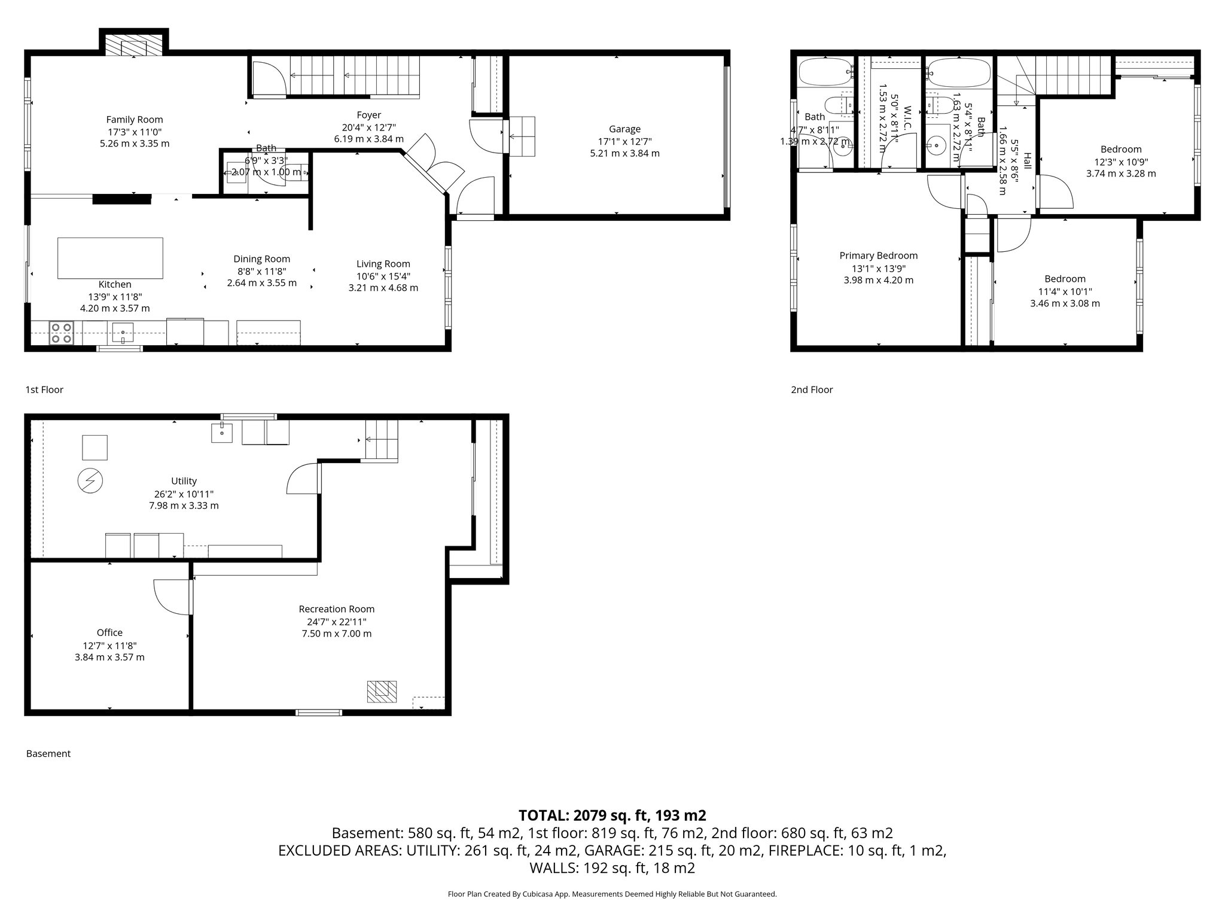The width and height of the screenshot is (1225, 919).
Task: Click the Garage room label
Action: point(624,129)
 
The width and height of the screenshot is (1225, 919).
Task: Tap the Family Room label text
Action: point(135,120)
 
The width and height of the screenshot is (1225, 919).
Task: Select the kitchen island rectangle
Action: point(110,258)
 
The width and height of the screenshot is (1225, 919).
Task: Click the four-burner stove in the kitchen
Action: point(61,333)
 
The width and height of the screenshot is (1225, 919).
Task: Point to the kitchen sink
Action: point(123,331)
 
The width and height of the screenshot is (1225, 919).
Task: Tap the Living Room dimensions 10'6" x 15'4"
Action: point(383,276)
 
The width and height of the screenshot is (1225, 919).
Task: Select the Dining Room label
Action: point(261,258)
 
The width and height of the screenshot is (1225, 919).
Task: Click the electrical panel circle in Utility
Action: point(90,480)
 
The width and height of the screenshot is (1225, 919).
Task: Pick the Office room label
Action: point(109,632)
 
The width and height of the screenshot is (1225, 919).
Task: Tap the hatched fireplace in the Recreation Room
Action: point(382,691)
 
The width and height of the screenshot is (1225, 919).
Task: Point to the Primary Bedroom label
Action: point(878,255)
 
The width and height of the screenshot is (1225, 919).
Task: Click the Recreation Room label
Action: point(336,608)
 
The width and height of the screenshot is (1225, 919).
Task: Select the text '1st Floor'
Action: point(44,389)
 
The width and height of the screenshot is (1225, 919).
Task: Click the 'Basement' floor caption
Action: point(48,753)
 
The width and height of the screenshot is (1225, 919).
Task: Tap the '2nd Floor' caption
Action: point(812,389)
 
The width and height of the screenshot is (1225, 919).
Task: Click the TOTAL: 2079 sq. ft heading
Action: point(612,815)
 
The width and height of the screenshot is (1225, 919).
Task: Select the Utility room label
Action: point(184,480)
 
